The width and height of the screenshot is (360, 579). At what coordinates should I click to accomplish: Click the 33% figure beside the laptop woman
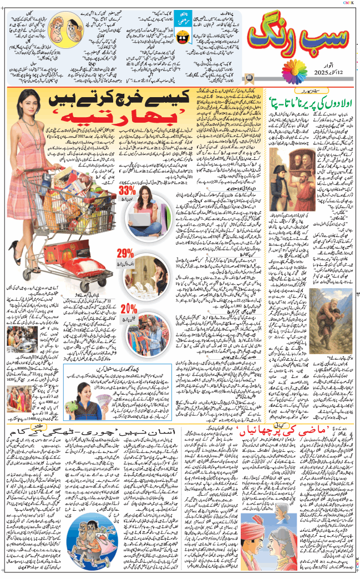tap(126, 190)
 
